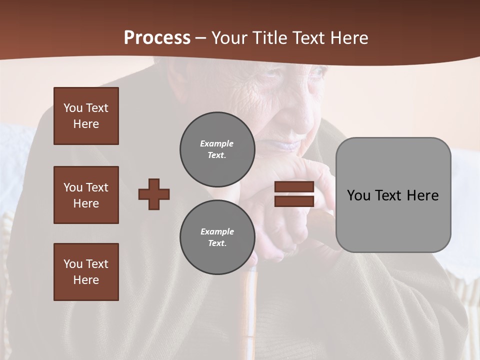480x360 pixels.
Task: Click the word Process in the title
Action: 157,38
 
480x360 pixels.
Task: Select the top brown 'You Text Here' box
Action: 86,116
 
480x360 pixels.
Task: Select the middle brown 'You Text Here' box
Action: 86,195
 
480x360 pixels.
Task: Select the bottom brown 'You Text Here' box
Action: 86,271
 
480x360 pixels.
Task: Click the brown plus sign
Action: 154,194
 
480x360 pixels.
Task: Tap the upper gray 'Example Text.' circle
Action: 217,149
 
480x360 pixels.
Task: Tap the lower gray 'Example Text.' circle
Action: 217,237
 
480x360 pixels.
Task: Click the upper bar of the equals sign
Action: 294,187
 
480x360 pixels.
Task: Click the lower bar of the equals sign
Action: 294,201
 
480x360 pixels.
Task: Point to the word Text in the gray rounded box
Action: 393,195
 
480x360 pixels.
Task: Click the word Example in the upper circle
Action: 217,143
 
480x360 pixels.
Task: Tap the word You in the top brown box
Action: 72,108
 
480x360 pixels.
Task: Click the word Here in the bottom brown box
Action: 86,280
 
